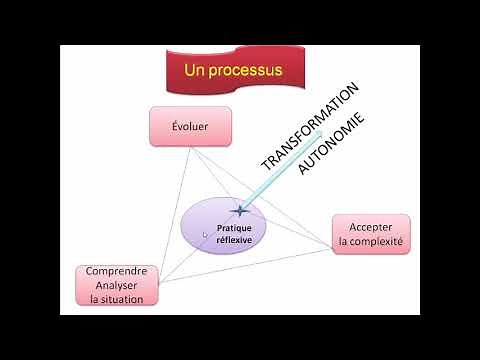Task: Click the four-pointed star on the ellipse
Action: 239,210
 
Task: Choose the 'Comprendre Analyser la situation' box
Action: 117,285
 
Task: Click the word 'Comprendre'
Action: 117,271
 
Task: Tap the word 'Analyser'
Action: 117,285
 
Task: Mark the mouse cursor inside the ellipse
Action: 206,236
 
